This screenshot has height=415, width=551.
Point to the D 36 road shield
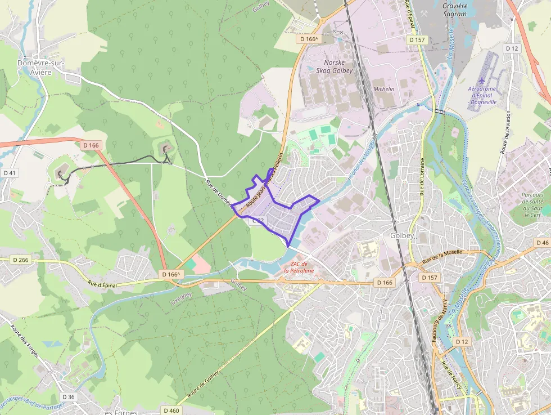tap(68, 397)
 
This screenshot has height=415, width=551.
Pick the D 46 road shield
tap(542, 243)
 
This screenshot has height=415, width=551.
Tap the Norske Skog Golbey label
tap(338, 66)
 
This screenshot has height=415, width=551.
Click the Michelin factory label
tap(384, 89)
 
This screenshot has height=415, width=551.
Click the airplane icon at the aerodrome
tap(481, 80)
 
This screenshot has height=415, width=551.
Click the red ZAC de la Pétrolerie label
tap(299, 267)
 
